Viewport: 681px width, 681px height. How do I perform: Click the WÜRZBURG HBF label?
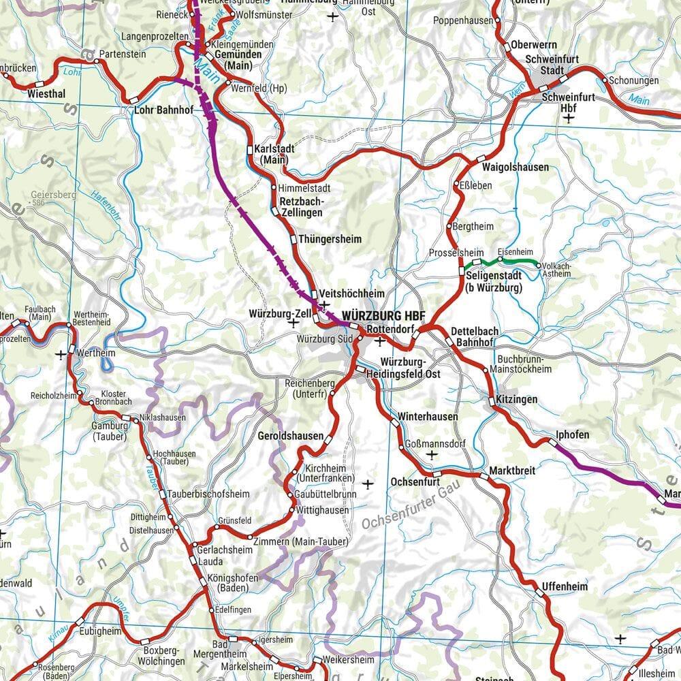click(x=384, y=316)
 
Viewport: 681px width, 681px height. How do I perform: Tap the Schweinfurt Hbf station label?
click(x=568, y=102)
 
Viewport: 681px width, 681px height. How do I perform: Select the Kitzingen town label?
click(x=516, y=399)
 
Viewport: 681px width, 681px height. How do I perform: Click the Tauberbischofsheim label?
click(x=200, y=493)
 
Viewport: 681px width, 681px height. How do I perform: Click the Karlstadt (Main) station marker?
click(x=250, y=149)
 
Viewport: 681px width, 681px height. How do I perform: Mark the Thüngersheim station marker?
click(x=293, y=239)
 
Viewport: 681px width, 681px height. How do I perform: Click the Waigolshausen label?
click(x=515, y=167)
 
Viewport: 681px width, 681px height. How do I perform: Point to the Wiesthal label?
click(x=46, y=95)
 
